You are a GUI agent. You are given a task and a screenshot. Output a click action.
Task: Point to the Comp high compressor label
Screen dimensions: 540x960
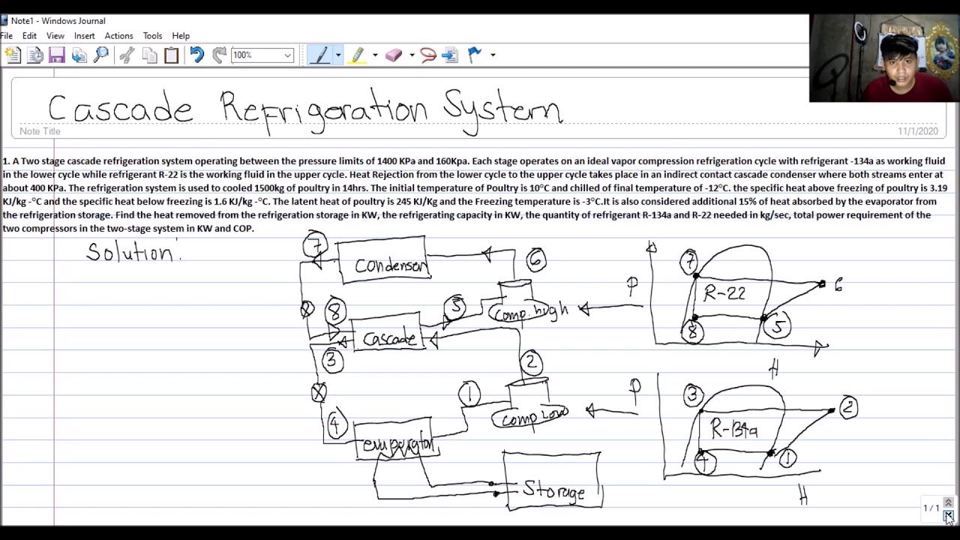point(531,312)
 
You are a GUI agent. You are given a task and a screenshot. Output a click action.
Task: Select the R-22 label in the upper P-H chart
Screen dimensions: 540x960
point(724,293)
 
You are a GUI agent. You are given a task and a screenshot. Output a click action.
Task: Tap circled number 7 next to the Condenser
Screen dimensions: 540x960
point(316,246)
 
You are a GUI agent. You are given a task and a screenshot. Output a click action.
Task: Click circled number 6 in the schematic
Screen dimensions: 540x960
point(535,259)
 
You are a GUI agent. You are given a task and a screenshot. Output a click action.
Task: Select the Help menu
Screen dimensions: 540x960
point(181,36)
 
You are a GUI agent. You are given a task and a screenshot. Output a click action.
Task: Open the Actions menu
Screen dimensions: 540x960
point(118,36)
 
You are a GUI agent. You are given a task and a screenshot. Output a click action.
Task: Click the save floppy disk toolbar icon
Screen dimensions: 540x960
point(57,55)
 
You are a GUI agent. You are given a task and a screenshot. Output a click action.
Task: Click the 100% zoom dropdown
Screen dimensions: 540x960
point(262,55)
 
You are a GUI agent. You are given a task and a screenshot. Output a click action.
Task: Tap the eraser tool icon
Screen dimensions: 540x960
point(394,55)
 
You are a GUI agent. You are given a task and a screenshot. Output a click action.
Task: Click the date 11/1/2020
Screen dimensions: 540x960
point(917,131)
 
